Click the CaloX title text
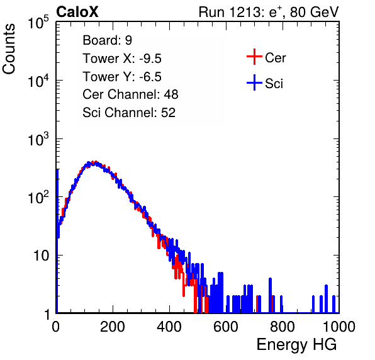tap(77, 12)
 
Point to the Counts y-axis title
tap(9, 49)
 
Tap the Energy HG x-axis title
tap(296, 345)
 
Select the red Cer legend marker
tap(254, 57)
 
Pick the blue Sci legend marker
tap(254, 82)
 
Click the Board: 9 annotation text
tap(108, 40)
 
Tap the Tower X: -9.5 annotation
tap(122, 59)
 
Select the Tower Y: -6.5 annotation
tap(122, 77)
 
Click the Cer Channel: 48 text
tap(130, 94)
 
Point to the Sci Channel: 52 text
tap(129, 113)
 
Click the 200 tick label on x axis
tap(113, 327)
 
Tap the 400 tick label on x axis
tap(169, 327)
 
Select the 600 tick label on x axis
tap(226, 327)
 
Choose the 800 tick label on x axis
tap(283, 327)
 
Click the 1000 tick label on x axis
tap(339, 327)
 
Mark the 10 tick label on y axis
tap(42, 256)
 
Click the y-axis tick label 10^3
tap(38, 139)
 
